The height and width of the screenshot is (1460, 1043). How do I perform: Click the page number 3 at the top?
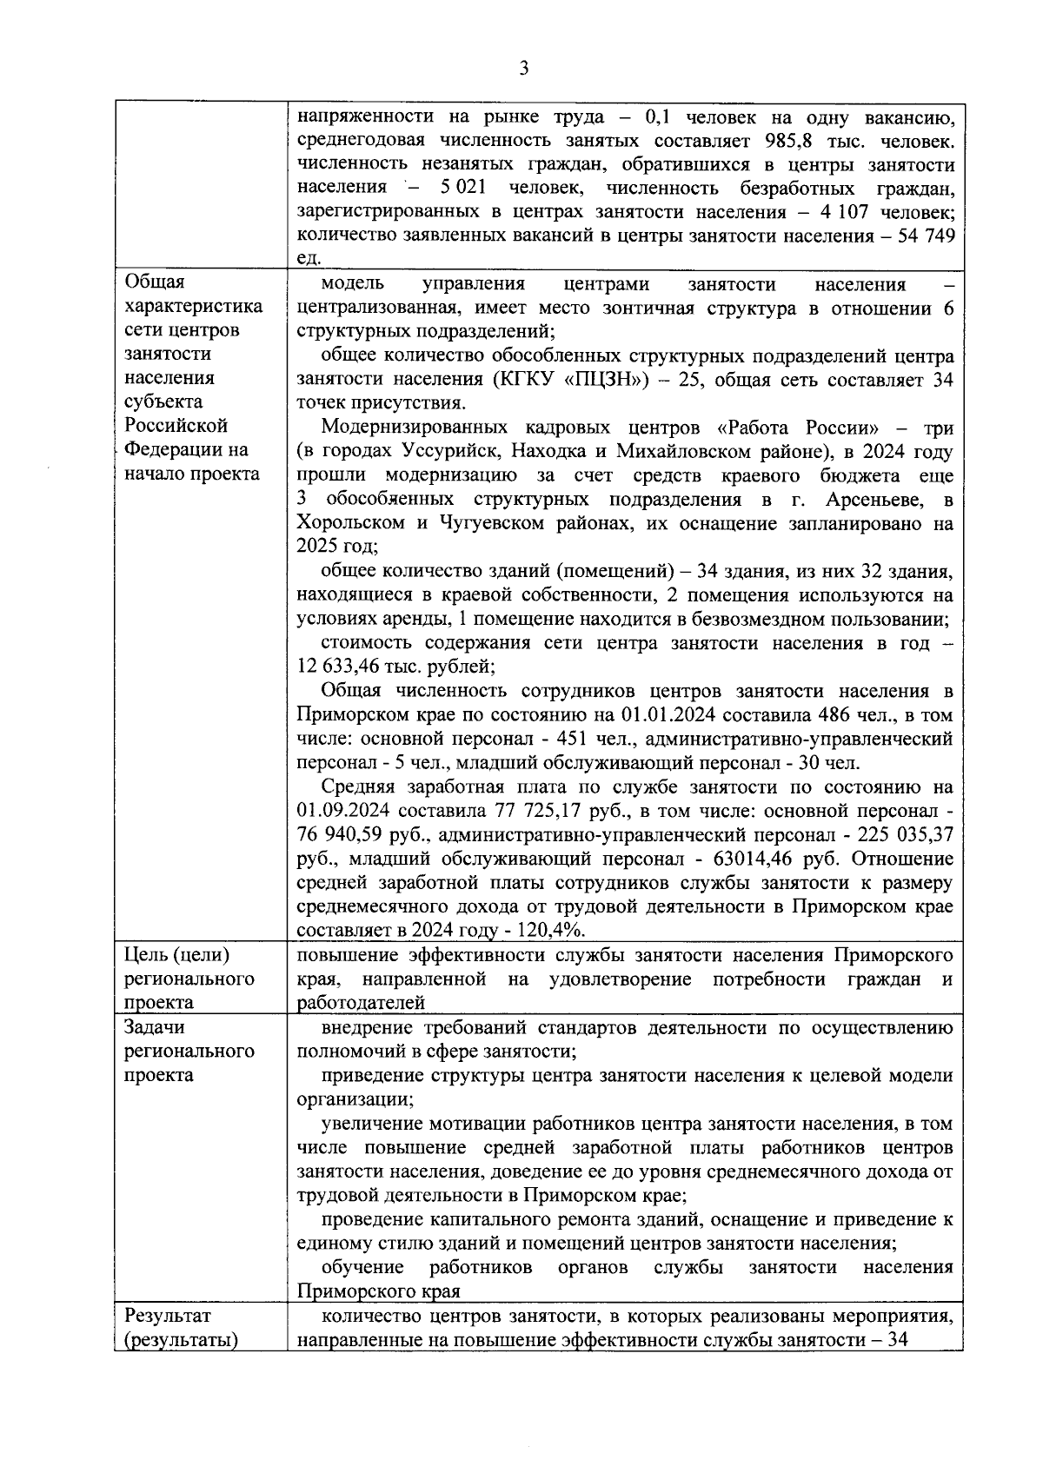pos(523,69)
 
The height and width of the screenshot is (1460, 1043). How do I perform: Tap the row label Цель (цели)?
pos(177,955)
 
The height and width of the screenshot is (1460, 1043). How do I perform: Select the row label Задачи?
pos(155,1027)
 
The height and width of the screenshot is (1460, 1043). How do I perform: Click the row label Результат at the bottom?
pos(168,1316)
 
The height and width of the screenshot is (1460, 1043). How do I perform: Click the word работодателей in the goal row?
pos(361,1003)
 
